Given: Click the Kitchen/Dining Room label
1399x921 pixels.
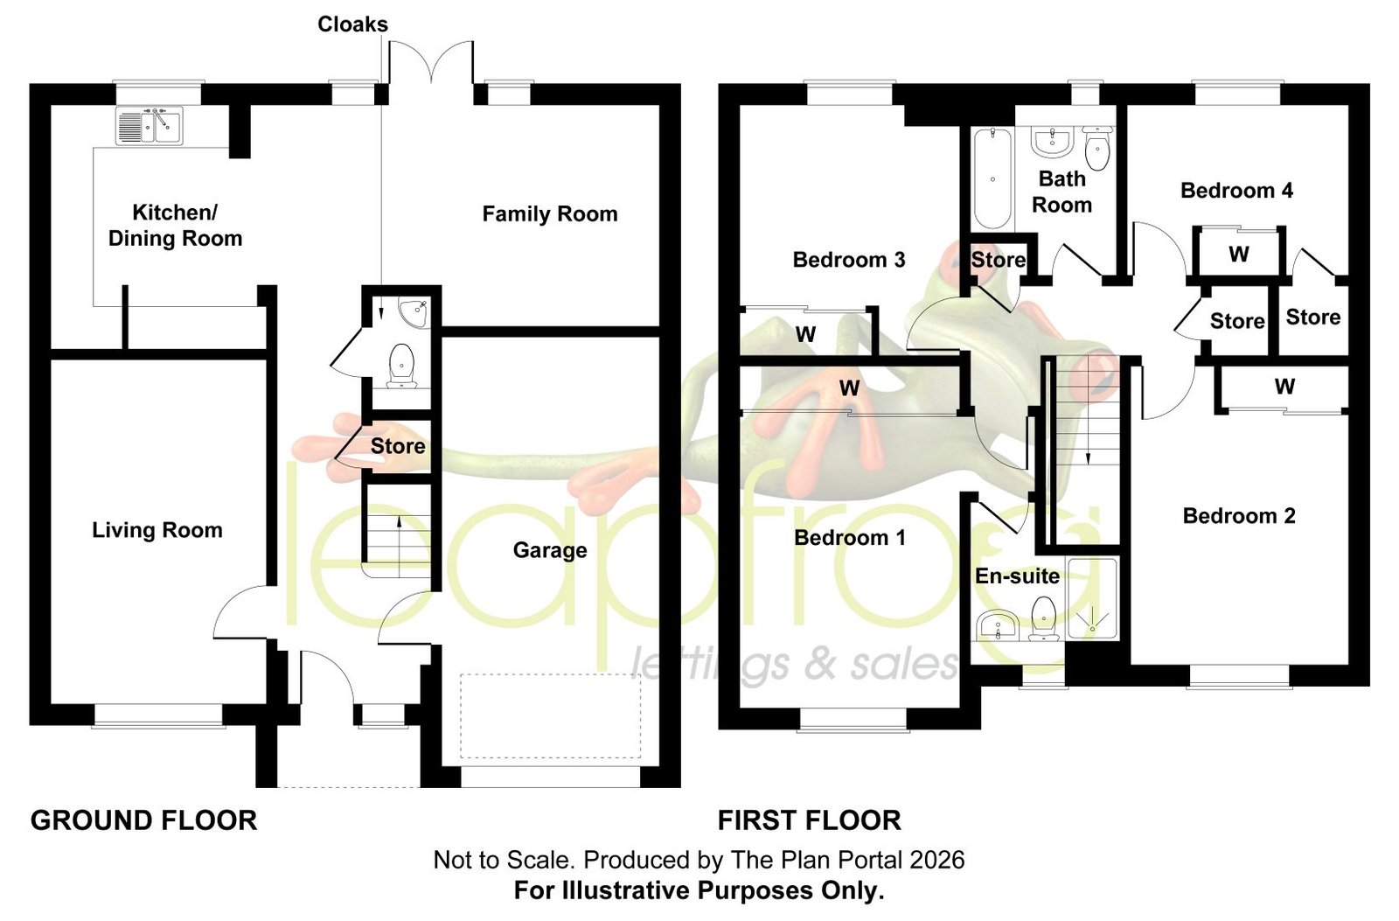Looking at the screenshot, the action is point(175,226).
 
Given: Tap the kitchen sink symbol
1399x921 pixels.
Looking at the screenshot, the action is point(150,126).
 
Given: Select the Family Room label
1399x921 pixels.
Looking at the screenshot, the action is point(550,214).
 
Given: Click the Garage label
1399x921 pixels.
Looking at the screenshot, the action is point(550,550).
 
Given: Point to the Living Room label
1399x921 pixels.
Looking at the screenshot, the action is point(157,531).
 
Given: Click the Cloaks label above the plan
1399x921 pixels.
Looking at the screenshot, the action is point(353,24).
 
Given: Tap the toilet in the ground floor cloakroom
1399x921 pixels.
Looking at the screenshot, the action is point(402,366).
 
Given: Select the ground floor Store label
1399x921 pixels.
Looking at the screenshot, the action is point(397,446).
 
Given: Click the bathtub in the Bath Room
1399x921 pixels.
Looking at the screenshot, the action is point(992,178).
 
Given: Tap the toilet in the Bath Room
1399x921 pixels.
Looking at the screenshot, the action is point(1097,148).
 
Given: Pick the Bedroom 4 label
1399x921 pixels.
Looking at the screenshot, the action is point(1236,191).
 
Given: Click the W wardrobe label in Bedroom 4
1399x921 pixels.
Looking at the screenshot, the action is point(1238,255).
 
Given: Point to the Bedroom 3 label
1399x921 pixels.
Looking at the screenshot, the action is point(849,260).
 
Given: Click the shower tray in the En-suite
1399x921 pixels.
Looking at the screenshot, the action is point(1092,599).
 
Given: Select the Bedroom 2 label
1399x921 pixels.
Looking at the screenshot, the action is point(1239,516).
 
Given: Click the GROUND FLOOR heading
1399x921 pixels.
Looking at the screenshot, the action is point(143,820).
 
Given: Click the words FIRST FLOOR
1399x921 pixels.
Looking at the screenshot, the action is point(810,820).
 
